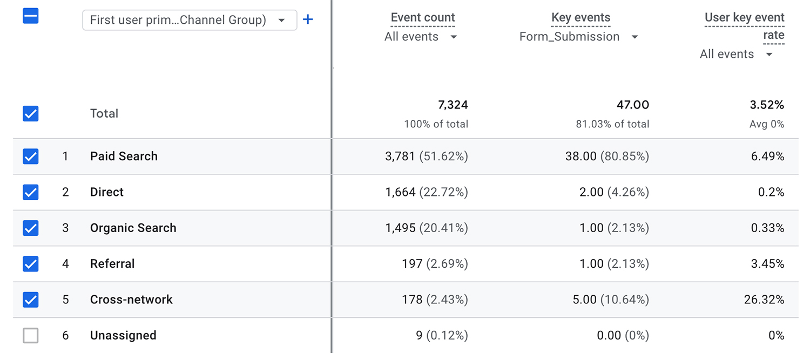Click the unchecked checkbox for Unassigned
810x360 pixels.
(x=31, y=336)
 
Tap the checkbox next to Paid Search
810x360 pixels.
(x=31, y=157)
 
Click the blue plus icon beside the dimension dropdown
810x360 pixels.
(x=308, y=20)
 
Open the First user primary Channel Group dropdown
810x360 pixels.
(x=189, y=20)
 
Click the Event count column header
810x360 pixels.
(x=423, y=18)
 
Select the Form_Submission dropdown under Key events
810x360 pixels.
(x=578, y=37)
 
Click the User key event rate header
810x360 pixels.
(x=744, y=25)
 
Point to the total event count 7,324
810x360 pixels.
(x=453, y=105)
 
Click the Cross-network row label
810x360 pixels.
(x=131, y=300)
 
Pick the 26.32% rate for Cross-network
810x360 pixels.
(x=764, y=300)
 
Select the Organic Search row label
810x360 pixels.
(x=133, y=228)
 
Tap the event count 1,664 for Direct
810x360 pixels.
(x=401, y=192)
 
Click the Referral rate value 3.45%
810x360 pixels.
(x=767, y=264)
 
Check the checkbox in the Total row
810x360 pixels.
(x=31, y=114)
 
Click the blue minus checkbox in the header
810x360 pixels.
(x=31, y=16)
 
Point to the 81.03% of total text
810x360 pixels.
(x=612, y=124)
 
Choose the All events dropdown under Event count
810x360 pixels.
(x=421, y=37)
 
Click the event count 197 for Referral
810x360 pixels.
(x=412, y=264)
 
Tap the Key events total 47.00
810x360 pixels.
(x=633, y=105)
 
